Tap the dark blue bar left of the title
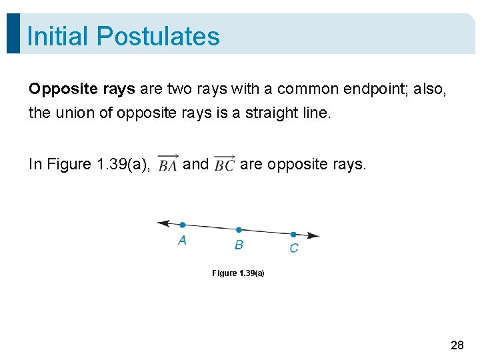coord(13,33)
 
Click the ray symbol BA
coord(168,163)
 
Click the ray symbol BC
coord(224,163)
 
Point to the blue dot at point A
coord(183,225)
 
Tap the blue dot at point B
coord(239,230)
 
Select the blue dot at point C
coord(293,234)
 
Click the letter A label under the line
coord(182,240)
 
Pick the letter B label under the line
coord(239,245)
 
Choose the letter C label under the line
coord(294,249)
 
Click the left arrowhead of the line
coord(162,223)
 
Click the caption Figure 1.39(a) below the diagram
coord(238,273)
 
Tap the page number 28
coord(457,345)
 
